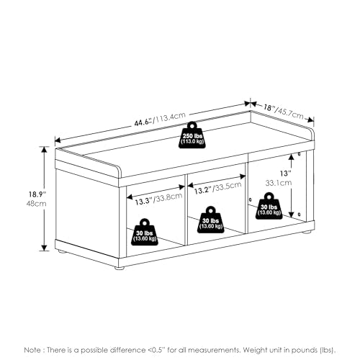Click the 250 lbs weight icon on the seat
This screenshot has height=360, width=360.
[192, 135]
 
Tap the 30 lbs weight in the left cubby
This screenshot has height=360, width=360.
[145, 232]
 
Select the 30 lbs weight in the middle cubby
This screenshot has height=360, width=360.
[211, 220]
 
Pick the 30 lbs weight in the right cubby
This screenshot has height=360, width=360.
[269, 206]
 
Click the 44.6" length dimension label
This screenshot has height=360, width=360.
[143, 122]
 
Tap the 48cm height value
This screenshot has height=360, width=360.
[37, 204]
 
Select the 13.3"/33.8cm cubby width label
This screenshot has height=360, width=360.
[158, 199]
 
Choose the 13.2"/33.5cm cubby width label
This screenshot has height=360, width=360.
[217, 188]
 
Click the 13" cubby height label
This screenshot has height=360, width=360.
[286, 173]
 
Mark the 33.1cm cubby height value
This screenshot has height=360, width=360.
[279, 183]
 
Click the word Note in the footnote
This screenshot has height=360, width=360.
[32, 350]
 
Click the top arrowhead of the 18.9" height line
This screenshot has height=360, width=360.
[44, 149]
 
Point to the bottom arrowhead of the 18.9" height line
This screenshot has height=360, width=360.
[44, 248]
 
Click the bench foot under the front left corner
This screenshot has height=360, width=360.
[119, 267]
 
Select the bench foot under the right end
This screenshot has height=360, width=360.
[306, 232]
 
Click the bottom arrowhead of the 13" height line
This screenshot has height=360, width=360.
[291, 215]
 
